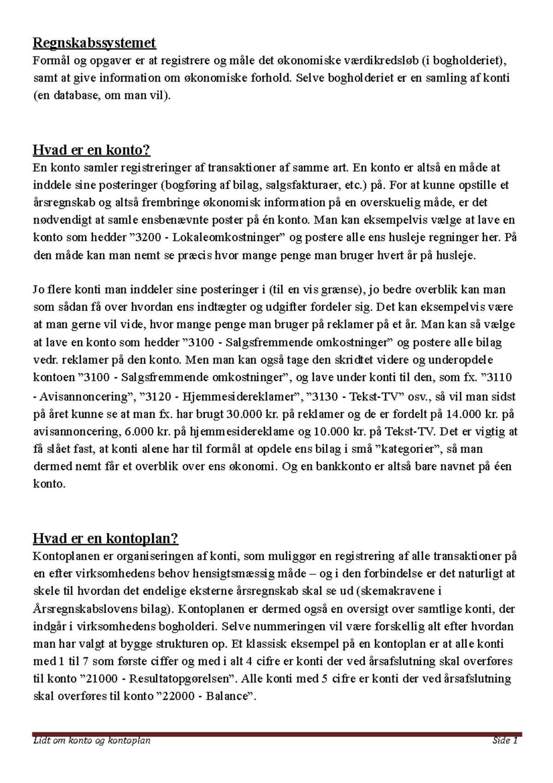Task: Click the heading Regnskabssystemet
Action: [94, 43]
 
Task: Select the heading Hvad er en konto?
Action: [92, 150]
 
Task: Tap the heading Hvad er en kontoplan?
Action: [106, 538]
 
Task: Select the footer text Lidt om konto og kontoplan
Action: [92, 741]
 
